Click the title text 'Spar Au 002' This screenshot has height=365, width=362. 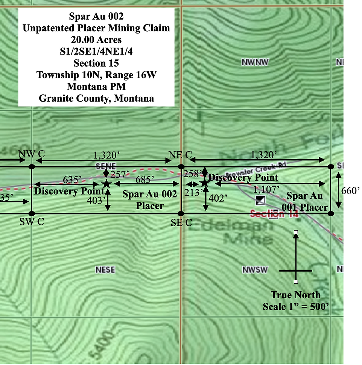pos(96,17)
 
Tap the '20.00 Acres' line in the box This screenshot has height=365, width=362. pos(96,40)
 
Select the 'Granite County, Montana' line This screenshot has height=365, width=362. pos(96,98)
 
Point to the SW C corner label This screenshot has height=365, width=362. pos(32,222)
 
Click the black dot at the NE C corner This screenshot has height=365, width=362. pos(181,166)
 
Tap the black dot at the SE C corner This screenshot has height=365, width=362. pos(181,213)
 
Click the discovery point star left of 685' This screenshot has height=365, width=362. pos(106,184)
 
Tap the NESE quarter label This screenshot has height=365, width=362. pos(105,269)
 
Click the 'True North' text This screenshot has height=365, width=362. pos(296,295)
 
